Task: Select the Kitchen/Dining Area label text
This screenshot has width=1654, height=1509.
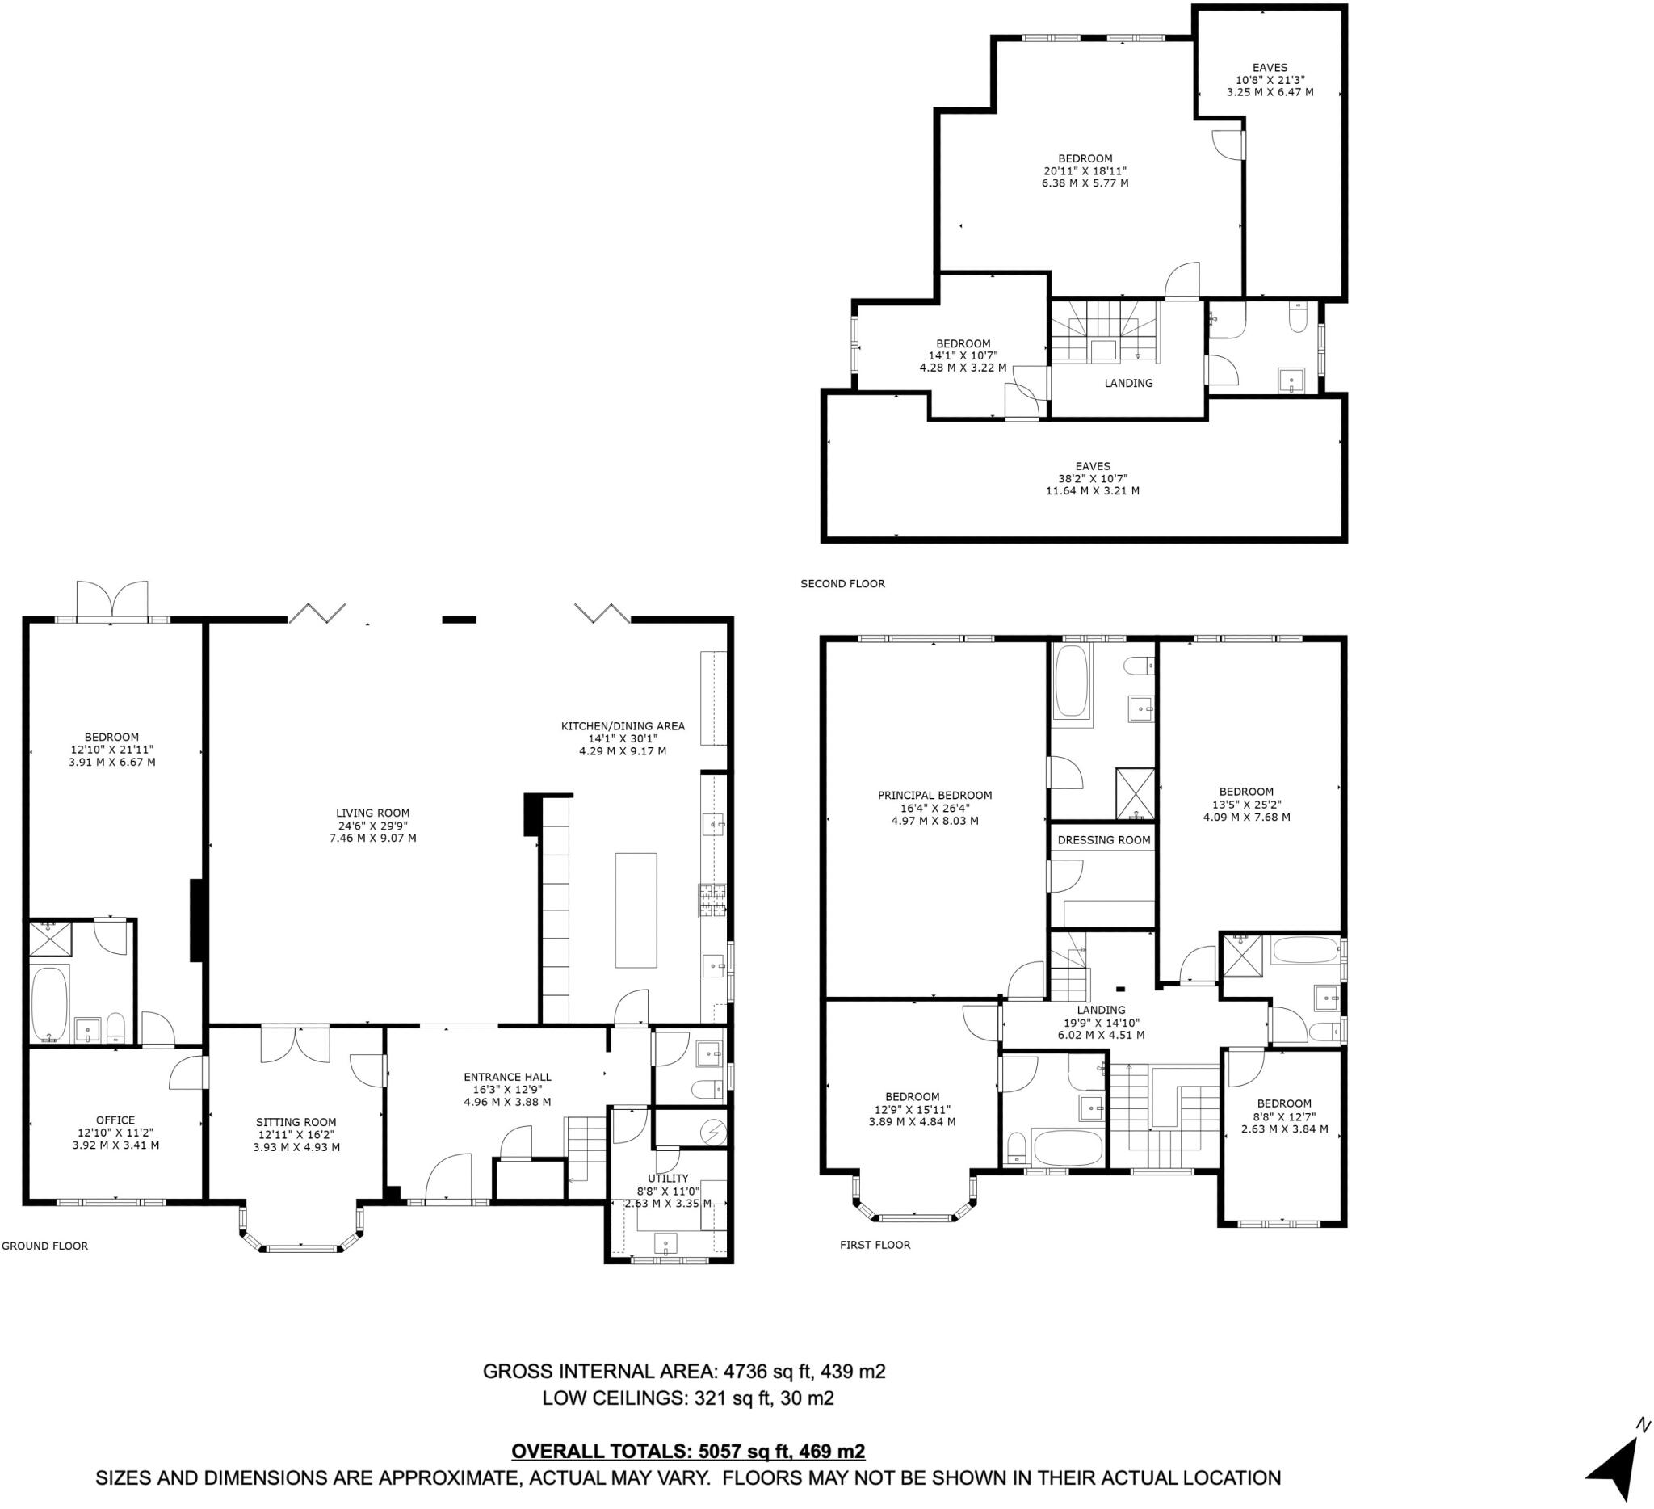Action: tap(622, 726)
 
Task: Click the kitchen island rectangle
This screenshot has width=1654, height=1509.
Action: tap(636, 910)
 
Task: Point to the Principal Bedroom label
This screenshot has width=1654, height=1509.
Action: tap(934, 795)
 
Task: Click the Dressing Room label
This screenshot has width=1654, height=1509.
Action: tap(1103, 840)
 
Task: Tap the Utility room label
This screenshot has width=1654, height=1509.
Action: tap(668, 1179)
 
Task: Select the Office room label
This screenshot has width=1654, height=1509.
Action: tap(115, 1120)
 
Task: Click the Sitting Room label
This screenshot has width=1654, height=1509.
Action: tap(296, 1123)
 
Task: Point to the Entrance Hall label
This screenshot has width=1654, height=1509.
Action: tap(507, 1078)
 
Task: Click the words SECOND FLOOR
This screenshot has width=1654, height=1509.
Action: tap(842, 584)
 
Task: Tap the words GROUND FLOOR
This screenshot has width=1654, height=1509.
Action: tap(44, 1246)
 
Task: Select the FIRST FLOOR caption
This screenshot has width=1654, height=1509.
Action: tap(875, 1245)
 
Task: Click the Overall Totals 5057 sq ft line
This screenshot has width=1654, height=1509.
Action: tap(687, 1452)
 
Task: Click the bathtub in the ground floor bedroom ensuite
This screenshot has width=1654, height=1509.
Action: tap(50, 1003)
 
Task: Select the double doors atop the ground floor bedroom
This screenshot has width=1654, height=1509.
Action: tap(112, 601)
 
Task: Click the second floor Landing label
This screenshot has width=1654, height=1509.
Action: tap(1128, 383)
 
